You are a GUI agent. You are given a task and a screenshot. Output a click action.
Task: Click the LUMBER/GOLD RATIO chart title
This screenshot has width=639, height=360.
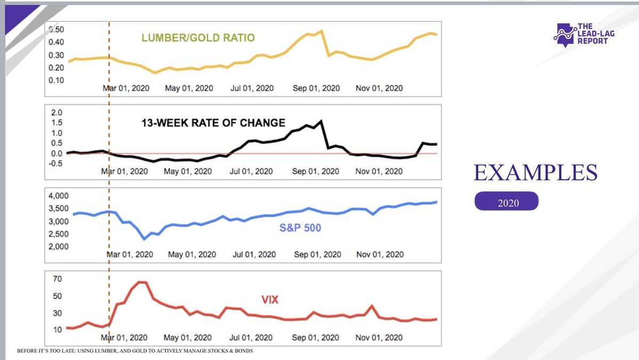198,38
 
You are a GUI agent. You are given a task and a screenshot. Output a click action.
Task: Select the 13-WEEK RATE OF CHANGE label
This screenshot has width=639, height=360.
213,123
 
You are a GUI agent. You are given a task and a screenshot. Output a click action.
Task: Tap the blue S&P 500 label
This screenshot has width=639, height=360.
300,228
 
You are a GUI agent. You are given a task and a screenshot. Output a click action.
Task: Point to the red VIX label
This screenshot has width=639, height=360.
270,300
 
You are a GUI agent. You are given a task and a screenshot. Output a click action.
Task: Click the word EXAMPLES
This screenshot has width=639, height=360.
535,173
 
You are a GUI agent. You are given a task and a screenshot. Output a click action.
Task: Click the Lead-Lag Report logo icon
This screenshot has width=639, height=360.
564,35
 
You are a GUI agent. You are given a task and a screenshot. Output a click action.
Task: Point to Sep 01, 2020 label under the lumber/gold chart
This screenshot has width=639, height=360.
317,88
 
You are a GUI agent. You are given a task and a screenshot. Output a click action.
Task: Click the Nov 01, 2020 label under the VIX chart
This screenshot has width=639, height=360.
379,338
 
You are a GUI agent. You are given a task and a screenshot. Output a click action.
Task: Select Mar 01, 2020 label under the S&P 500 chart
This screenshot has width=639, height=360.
130,255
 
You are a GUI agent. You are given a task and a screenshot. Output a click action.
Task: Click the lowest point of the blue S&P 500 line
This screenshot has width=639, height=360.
144,240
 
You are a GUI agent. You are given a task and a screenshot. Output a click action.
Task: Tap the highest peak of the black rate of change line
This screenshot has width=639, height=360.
321,121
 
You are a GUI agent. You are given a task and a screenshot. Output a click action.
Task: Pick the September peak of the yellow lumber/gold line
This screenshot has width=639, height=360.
322,31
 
